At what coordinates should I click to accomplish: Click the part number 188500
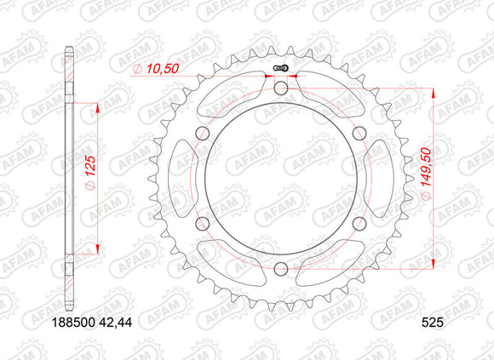[x=73, y=323]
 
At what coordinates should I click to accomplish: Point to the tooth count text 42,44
[x=116, y=323]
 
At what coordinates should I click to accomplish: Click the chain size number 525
[x=433, y=323]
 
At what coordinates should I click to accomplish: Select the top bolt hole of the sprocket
[x=281, y=89]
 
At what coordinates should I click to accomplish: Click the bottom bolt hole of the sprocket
[x=281, y=268]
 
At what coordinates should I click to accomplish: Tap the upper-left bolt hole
[x=203, y=134]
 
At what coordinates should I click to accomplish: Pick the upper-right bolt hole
[x=359, y=134]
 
